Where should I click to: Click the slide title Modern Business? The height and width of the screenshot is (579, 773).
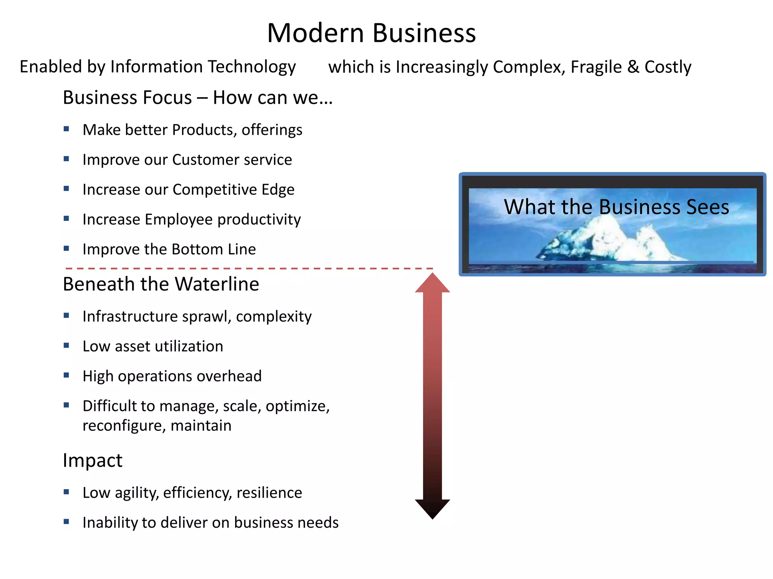(x=371, y=33)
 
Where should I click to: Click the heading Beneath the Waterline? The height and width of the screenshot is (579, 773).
(x=161, y=284)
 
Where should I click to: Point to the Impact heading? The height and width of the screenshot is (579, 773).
(x=92, y=460)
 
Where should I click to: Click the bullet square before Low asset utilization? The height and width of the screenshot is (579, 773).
(x=66, y=345)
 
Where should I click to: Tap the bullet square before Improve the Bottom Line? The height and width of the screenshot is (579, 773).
(x=66, y=248)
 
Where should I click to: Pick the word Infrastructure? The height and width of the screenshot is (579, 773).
(x=130, y=316)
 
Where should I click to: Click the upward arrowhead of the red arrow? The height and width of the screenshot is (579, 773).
(x=433, y=283)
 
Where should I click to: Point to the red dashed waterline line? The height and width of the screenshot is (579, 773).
(x=249, y=268)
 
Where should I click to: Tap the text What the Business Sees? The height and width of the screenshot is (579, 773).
(x=616, y=207)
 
